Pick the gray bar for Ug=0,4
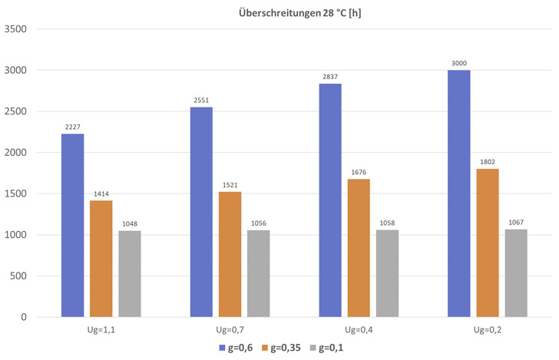387,273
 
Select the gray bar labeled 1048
129,274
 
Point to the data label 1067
516,222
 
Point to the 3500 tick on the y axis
16,29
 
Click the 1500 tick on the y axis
16,193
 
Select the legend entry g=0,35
284,348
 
